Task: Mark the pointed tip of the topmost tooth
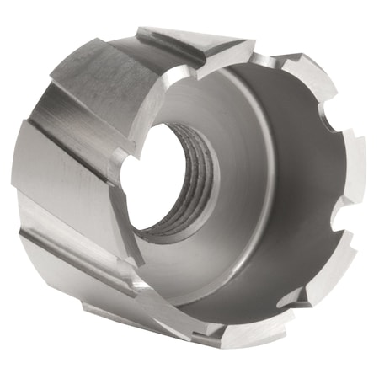pos(253,42)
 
